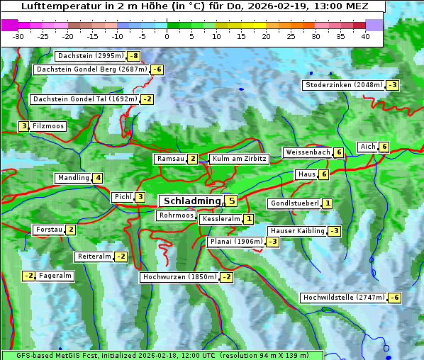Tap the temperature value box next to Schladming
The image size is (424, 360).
pos(232,201)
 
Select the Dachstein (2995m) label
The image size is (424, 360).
pos(90,56)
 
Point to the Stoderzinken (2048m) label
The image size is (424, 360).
pos(343,85)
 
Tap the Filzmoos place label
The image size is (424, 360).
pos(48,126)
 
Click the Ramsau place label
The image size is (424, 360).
pos(170,159)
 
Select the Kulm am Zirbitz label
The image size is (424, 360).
pos(239,159)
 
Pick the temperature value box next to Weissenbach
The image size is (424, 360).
pos(339,152)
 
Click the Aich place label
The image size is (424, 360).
pos(367,147)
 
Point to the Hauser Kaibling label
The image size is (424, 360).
pos(297,231)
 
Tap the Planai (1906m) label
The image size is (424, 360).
pos(236,242)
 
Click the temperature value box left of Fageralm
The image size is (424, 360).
pos(28,276)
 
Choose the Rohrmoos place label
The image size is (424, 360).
pos(177,215)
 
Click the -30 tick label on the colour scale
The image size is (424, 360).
pos(18,36)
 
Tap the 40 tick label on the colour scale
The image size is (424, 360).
pos(365,36)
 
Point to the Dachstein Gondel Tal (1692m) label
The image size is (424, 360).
pos(84,99)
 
